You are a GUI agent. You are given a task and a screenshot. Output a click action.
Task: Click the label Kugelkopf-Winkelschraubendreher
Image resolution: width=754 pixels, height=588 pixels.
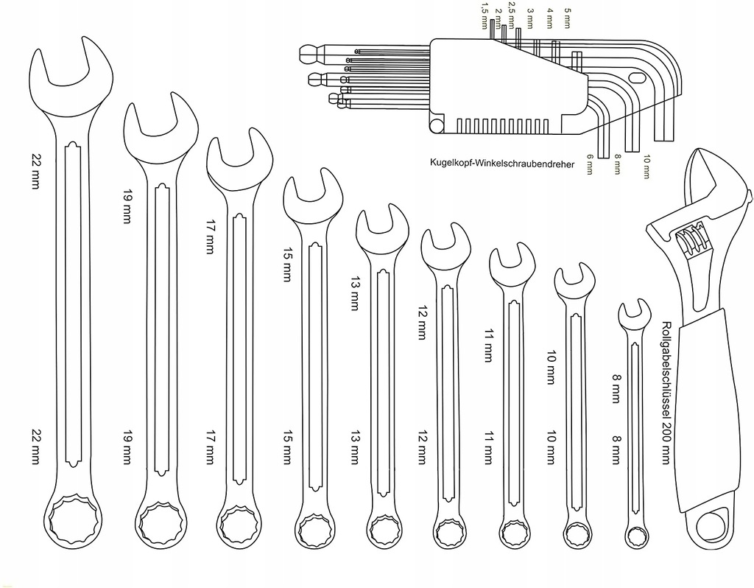[x=502, y=164]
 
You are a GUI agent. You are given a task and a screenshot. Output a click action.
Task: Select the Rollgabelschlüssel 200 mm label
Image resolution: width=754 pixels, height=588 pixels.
[x=666, y=393]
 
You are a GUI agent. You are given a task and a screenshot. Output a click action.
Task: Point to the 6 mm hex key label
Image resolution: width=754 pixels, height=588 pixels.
[x=590, y=164]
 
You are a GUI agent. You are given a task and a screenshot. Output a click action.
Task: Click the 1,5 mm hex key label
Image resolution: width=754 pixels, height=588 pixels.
[x=485, y=15]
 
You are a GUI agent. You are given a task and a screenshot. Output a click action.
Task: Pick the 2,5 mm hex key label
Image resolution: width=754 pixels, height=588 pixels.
[x=512, y=15]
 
